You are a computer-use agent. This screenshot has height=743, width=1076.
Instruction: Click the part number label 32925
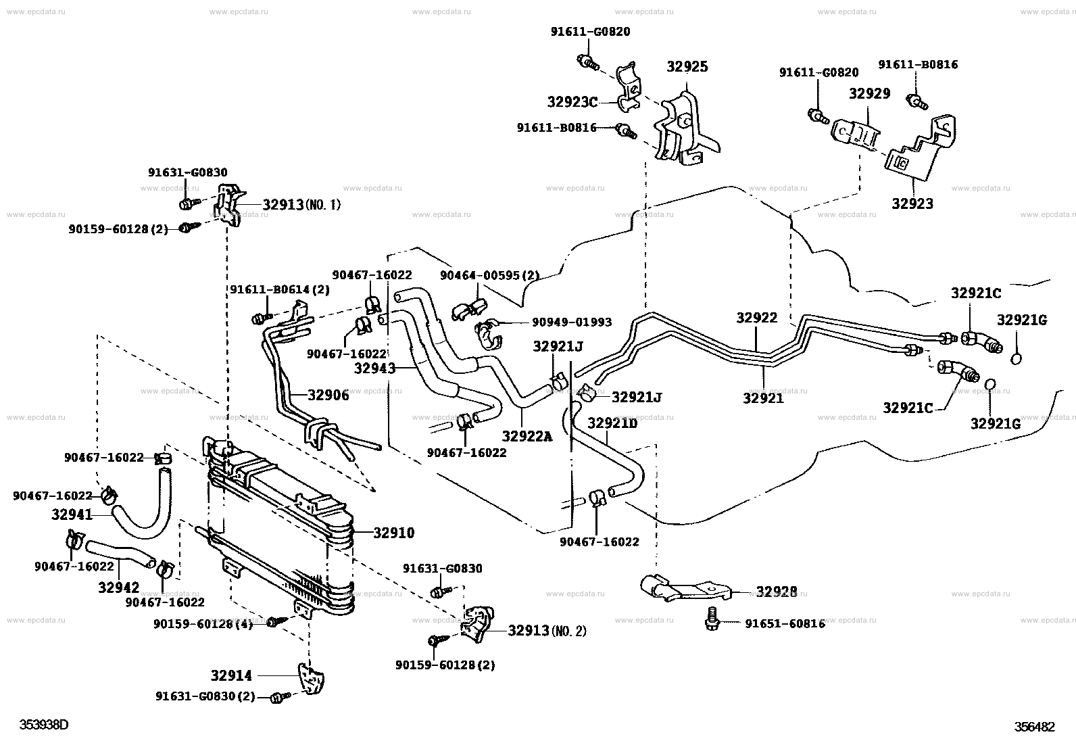pos(687,67)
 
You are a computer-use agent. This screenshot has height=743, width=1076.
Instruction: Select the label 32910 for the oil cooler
pos(394,533)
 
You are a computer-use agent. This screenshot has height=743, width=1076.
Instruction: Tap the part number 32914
pos(231,675)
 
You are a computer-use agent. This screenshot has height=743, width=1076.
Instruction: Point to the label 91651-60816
pos(785,624)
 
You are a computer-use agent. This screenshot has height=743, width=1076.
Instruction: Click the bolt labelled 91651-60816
pos(712,619)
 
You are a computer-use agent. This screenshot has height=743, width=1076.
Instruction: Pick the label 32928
pos(777,592)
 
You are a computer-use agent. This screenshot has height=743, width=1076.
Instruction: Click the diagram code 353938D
pos(44,725)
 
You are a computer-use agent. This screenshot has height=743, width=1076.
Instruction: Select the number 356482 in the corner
pos(1034,727)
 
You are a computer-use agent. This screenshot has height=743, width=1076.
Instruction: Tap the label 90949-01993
pos(572,322)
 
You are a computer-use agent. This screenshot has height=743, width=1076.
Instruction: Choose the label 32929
pos(869,93)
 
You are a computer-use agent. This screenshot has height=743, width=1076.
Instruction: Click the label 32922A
pos(527,436)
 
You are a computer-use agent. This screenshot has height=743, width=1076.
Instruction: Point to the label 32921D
pos(612,423)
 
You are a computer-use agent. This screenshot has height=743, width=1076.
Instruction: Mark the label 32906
pos(328,395)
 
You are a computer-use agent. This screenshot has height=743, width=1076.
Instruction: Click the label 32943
pos(374,368)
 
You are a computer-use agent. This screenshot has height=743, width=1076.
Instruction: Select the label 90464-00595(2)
pos(490,275)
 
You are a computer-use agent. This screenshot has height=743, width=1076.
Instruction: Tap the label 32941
pos(72,514)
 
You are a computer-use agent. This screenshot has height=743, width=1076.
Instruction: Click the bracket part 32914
pos(311,679)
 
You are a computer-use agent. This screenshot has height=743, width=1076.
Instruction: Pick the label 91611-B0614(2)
pos(280,290)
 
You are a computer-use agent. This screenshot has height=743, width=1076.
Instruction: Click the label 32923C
pos(572,102)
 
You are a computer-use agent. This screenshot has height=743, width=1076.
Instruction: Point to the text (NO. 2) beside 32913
pos(568,631)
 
